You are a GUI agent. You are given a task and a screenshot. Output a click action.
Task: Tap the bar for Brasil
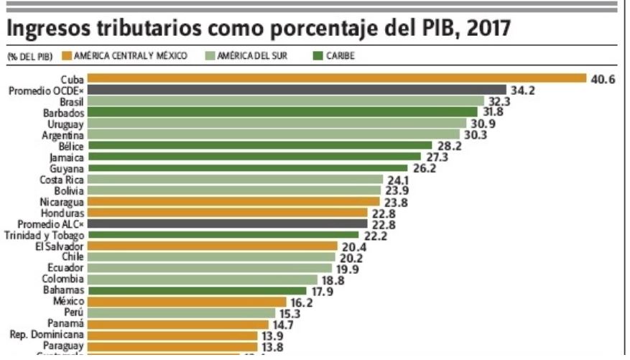click(x=287, y=101)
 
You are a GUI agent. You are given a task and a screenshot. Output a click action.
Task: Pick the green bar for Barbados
click(x=284, y=112)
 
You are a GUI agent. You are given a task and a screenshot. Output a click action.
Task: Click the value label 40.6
click(x=602, y=79)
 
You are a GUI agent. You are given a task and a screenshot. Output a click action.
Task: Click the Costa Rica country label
click(x=62, y=179)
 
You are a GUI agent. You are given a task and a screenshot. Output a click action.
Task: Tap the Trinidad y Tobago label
click(x=45, y=235)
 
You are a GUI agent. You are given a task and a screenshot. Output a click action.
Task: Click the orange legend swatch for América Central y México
click(x=67, y=55)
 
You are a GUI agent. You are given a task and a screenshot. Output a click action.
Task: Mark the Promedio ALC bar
click(x=229, y=223)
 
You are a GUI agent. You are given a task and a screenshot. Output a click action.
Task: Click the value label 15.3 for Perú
click(x=292, y=313)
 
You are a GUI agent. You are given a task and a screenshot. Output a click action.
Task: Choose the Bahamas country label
click(x=67, y=290)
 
